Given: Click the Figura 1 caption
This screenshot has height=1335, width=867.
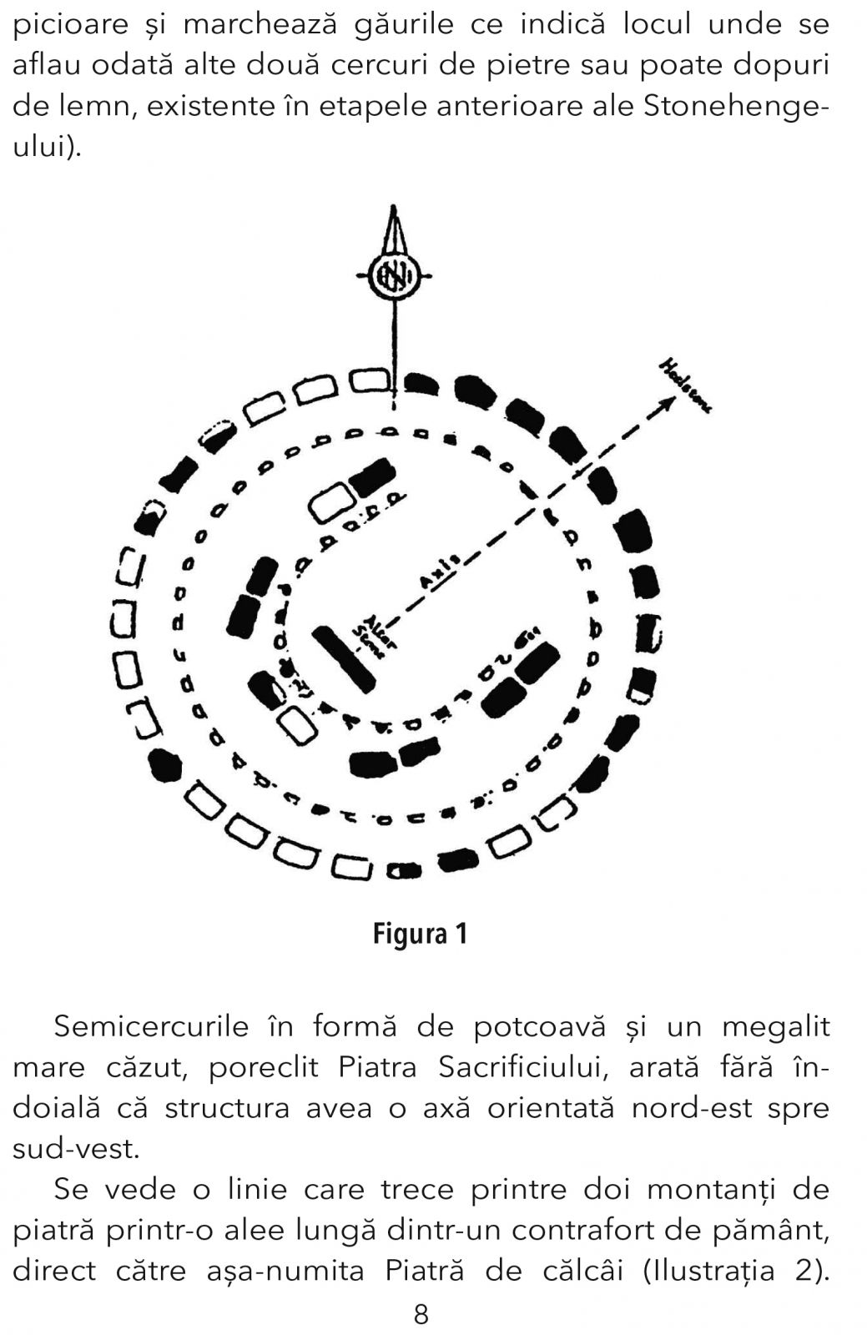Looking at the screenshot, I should pos(420,934).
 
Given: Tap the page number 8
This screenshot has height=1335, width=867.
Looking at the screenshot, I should pos(421,1315).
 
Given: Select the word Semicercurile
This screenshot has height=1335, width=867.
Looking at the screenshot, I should pos(151,1025).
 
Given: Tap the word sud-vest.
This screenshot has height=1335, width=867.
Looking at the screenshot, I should pos(74,1148).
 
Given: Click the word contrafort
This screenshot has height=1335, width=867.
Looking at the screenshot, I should pos(597,1230).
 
